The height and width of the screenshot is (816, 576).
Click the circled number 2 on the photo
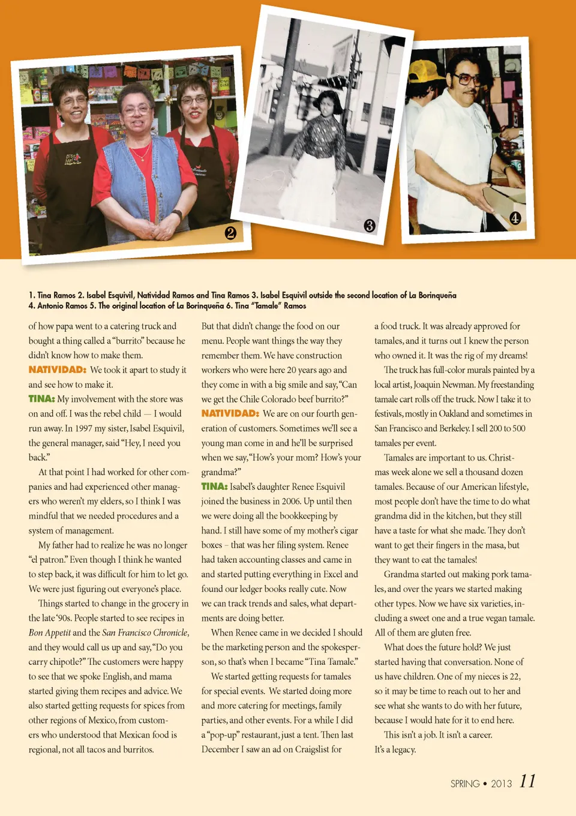pos(230,232)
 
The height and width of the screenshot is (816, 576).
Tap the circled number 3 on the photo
pos(370,226)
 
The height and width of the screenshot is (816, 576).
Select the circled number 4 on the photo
pos(515,218)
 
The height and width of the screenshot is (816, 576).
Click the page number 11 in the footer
pos(527,781)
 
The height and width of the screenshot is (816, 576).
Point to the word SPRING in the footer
pos(465,784)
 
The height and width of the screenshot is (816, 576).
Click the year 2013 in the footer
pos(501,784)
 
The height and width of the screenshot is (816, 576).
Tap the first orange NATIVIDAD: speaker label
pos(58,370)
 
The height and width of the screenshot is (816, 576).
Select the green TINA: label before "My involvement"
pos(41,399)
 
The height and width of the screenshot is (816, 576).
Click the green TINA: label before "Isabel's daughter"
pos(214,487)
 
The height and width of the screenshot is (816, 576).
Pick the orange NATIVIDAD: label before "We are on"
pos(230,413)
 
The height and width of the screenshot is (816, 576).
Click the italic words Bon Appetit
pos(49,633)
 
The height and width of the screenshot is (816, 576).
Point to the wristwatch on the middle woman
pos(177,215)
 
